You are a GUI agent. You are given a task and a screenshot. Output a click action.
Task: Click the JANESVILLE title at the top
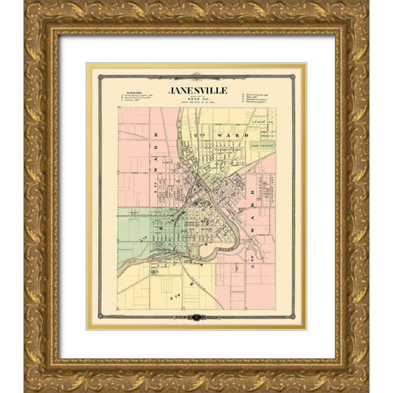(x=197, y=90)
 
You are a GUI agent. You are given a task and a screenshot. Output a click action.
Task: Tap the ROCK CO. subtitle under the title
(x=197, y=100)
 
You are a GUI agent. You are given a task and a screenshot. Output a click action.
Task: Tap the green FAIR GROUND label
(x=261, y=147)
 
